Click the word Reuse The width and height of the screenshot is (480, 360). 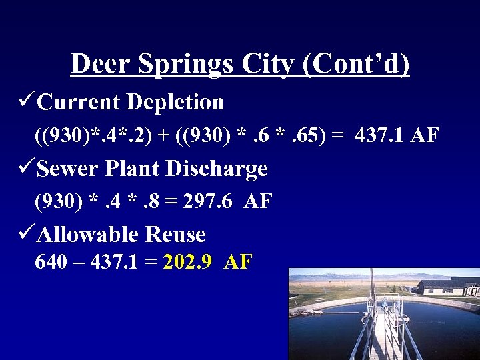click(x=175, y=234)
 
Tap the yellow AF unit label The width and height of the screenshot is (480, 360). click(x=238, y=261)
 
